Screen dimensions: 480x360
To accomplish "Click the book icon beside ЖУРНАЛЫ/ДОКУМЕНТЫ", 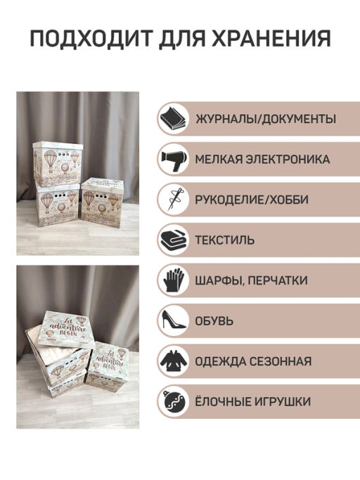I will (172, 118).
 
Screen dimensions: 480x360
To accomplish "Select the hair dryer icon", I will (172, 159).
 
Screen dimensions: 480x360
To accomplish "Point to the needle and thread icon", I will (172, 200).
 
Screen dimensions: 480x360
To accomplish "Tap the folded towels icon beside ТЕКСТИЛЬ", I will (172, 240).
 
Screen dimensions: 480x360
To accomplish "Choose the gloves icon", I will (172, 280).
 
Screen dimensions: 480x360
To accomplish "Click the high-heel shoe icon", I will (172, 321).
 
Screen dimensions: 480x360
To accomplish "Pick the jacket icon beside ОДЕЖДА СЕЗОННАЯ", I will (172, 362).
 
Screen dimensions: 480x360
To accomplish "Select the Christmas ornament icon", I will (172, 402).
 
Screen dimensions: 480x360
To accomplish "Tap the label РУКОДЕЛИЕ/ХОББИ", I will (252, 200).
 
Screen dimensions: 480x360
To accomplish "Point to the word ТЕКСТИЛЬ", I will (226, 240).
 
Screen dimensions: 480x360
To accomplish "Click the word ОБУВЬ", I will (215, 321).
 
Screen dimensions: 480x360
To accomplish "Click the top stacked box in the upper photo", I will (58, 162).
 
